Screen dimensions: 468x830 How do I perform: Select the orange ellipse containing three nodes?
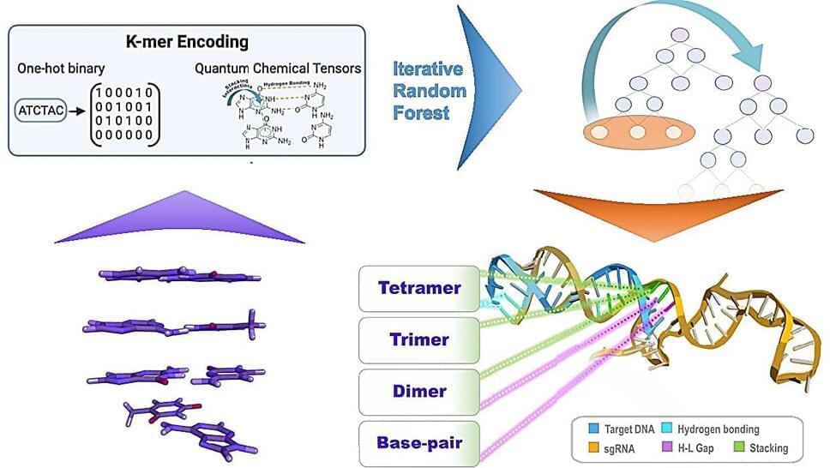[636, 133]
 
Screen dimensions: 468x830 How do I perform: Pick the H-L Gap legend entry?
[695, 447]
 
